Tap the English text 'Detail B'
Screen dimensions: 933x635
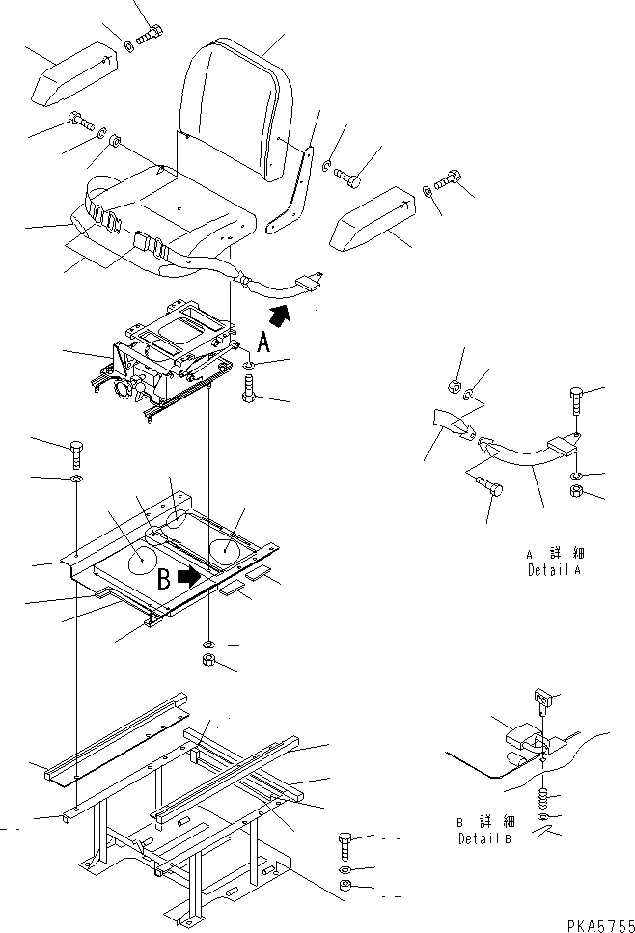pos(483,838)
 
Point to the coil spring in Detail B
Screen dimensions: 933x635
pos(543,799)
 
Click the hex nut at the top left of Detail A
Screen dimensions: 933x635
pos(456,387)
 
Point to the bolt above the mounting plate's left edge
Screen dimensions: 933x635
pos(78,453)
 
